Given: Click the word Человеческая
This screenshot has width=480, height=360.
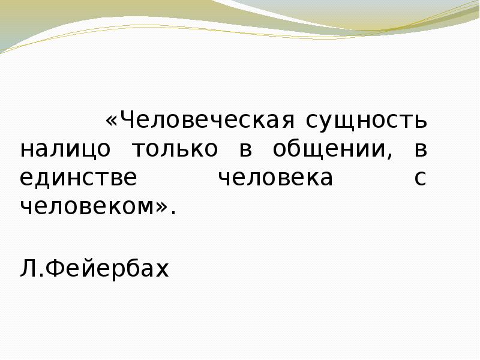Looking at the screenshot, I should click(208, 121).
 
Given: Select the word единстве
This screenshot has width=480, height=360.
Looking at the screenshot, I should click(78, 178).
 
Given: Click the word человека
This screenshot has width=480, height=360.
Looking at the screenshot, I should click(274, 178).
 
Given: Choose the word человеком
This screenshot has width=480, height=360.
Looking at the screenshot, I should click(87, 207).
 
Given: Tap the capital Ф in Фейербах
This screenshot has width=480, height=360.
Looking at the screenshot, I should click(52, 269).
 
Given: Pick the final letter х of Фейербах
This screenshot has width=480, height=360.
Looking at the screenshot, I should click(163, 270).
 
